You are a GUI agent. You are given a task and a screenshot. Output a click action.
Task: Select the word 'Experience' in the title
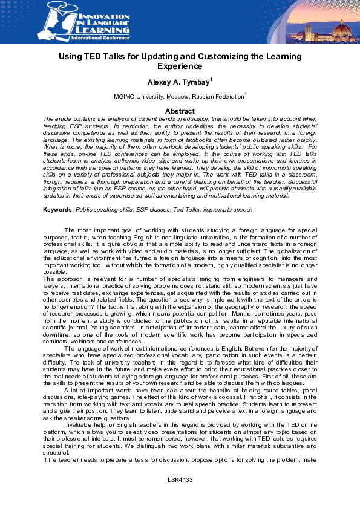(180, 66)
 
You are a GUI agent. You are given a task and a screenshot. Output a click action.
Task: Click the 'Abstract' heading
(180, 111)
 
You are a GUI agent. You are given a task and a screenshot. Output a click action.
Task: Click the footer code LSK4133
(180, 496)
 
